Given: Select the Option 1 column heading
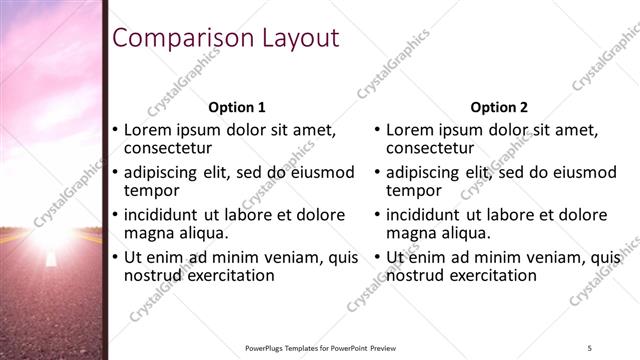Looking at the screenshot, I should (237, 108).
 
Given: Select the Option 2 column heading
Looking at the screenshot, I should (499, 108).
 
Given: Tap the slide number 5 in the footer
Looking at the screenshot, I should (591, 347).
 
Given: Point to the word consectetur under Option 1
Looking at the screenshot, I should (169, 150).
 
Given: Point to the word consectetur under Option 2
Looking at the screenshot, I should (432, 150).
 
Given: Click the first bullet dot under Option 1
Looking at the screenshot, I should (115, 130).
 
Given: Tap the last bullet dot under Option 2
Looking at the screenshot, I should (378, 256).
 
